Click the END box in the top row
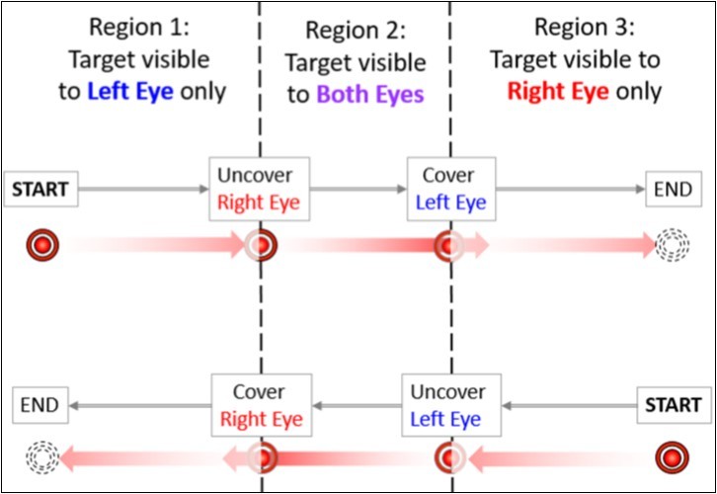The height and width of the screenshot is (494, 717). tap(673, 189)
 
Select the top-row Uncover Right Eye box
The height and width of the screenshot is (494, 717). tap(260, 189)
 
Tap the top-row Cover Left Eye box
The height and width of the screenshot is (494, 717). tap(450, 189)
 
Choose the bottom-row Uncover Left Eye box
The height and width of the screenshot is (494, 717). tap(450, 405)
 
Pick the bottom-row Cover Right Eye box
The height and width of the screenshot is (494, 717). tap(262, 405)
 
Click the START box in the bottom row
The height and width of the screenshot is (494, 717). tap(673, 405)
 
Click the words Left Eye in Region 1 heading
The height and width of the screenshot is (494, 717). tap(130, 92)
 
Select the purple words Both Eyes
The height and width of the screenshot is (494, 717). tap(369, 95)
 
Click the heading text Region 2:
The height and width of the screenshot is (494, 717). tap(355, 31)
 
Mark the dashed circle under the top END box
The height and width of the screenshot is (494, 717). tap(672, 244)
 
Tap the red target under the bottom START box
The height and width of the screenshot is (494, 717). tap(673, 456)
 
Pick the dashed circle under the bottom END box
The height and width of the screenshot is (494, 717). tap(43, 456)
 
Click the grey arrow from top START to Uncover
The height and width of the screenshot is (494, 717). tap(144, 188)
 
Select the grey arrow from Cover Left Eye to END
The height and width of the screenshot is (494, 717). tap(571, 188)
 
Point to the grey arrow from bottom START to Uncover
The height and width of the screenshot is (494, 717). tap(570, 405)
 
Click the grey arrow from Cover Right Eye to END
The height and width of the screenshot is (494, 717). tap(143, 405)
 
